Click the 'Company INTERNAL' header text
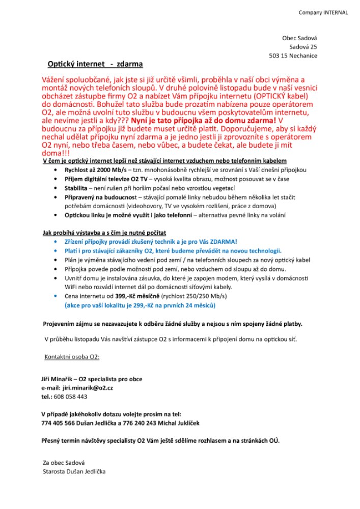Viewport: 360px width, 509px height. pyautogui.click(x=323, y=13)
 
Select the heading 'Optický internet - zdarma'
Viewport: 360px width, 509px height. pyautogui.click(x=95, y=64)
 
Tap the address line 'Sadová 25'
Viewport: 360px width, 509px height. pyautogui.click(x=303, y=47)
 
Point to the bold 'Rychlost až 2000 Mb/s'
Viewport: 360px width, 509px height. pyautogui.click(x=95, y=169)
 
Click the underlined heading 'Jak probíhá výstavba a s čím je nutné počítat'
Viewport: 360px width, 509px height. pyautogui.click(x=104, y=233)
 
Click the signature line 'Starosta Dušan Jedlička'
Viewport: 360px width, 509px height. pyautogui.click(x=74, y=471)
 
